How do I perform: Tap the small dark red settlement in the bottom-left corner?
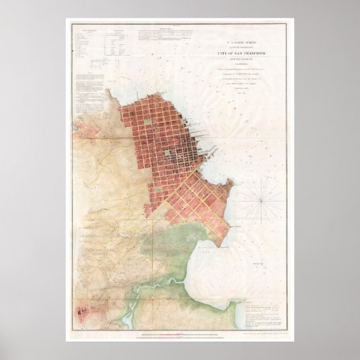[x=84, y=317]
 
